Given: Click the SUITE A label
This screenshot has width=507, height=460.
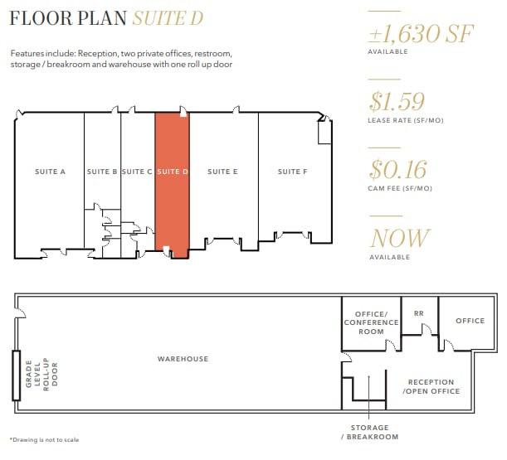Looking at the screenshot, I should pyautogui.click(x=51, y=172).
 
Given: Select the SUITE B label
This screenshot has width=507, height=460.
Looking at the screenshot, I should pyautogui.click(x=102, y=172).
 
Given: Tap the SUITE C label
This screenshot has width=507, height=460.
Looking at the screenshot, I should pyautogui.click(x=137, y=172).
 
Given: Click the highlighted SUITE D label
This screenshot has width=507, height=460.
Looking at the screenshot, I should pyautogui.click(x=173, y=172).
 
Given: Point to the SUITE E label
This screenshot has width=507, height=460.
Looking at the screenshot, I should pyautogui.click(x=223, y=172).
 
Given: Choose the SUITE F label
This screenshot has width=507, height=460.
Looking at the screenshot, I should pyautogui.click(x=292, y=172).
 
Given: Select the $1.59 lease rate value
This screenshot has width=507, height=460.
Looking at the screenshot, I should pyautogui.click(x=397, y=102).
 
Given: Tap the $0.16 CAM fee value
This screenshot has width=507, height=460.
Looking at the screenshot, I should pyautogui.click(x=398, y=170).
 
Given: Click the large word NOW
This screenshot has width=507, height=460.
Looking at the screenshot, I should pyautogui.click(x=400, y=239).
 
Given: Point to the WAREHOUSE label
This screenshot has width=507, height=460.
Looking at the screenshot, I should pyautogui.click(x=183, y=359).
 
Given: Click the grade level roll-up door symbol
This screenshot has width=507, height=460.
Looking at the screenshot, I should pyautogui.click(x=16, y=375).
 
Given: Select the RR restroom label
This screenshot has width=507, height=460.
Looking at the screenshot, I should pyautogui.click(x=418, y=314).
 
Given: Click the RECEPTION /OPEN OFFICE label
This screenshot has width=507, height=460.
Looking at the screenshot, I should pyautogui.click(x=431, y=387).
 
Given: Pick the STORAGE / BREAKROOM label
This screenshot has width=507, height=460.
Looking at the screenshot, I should pyautogui.click(x=369, y=433).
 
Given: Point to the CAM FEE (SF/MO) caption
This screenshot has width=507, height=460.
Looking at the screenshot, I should pyautogui.click(x=400, y=189).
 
